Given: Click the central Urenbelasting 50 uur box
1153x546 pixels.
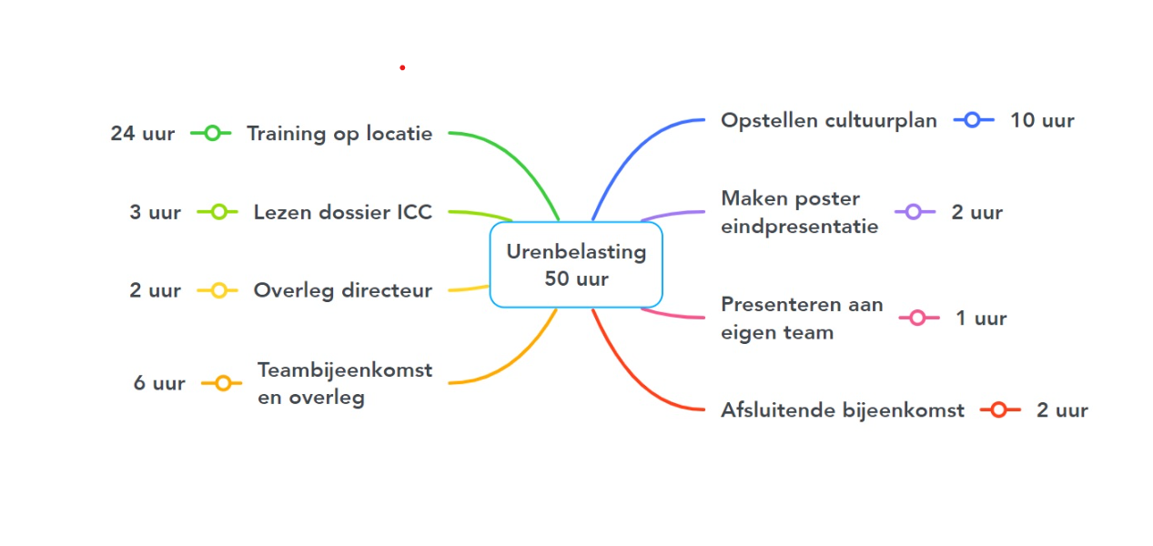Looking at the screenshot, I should pos(576,265).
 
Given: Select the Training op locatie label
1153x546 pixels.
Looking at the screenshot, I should pos(339,134).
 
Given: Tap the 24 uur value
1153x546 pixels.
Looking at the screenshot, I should pos(143,134).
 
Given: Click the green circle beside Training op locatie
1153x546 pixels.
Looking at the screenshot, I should pos(212,134).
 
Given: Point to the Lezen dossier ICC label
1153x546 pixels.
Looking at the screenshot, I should pos(342,213).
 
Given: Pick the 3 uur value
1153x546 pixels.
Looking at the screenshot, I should pos(155,213).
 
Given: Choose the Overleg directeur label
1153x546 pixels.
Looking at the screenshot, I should pos(342,291).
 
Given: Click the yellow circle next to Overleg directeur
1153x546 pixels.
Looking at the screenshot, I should pos(218,291).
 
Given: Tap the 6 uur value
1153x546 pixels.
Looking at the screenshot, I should pos(159,383).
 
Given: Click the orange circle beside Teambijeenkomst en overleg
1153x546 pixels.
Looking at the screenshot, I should pos(223,383).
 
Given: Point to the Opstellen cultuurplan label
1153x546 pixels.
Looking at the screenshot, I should pos(828,120).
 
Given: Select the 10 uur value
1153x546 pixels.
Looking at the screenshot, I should pos(1042,120).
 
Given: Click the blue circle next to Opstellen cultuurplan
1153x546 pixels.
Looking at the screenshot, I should pos(972,120).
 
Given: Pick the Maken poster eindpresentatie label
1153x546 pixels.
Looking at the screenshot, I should pos(799,212).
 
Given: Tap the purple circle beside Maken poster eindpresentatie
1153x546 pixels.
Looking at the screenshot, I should pos(915,212).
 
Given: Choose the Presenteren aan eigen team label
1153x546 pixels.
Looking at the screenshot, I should pos(801,318).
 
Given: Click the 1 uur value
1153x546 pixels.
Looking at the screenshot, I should pos(981,318).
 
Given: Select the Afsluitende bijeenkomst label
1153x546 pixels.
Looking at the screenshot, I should pos(842,410).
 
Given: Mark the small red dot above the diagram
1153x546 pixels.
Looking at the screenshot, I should pos(402,67).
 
